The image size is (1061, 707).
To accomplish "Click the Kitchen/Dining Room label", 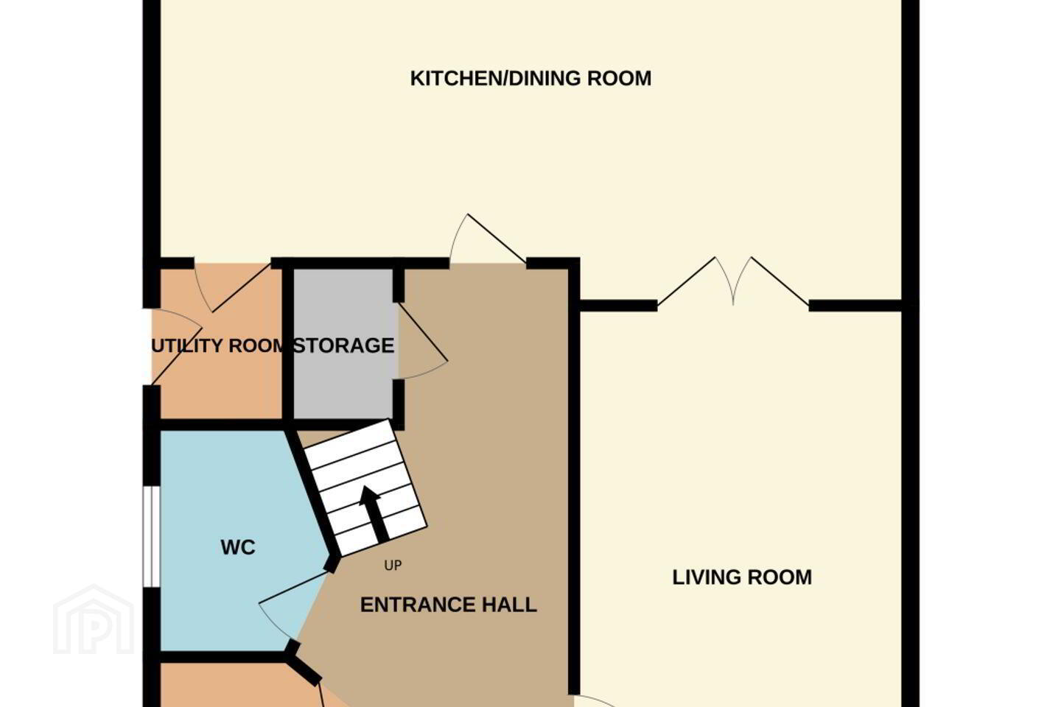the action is click(530, 79).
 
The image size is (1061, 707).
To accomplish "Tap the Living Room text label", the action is click(742, 577).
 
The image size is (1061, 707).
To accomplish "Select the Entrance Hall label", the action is click(449, 605).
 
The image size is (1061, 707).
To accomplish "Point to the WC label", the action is click(238, 547).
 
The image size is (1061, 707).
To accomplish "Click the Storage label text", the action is click(344, 345).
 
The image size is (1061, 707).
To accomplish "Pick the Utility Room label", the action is click(220, 345).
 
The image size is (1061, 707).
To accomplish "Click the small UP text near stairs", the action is click(393, 566).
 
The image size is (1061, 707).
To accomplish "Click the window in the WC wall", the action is click(152, 537).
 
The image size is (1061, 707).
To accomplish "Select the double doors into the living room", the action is click(733, 282).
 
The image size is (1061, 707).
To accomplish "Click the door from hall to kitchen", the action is click(488, 239).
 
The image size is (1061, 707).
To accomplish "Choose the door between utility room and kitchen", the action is click(232, 287).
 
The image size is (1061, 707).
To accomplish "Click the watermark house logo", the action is click(94, 620).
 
